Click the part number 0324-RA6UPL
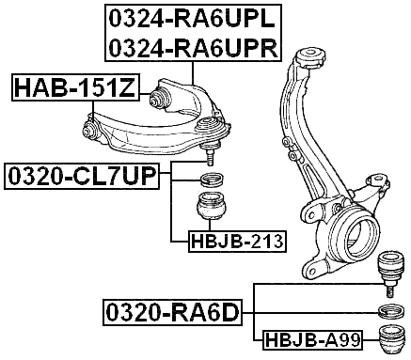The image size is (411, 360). (192, 18)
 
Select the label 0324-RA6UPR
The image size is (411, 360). (192, 47)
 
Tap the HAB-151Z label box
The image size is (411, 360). (75, 89)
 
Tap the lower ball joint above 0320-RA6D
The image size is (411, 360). (388, 271)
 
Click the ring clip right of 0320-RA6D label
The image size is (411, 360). (388, 312)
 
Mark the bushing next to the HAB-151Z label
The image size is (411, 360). (160, 96)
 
